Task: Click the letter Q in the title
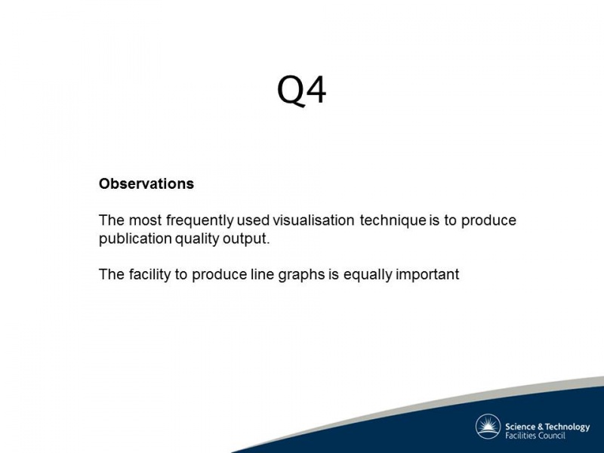[291, 91]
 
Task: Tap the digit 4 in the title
[316, 89]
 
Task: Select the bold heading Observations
[146, 183]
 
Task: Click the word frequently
[200, 220]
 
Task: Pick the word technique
[393, 220]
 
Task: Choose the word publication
[135, 239]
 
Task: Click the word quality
[197, 239]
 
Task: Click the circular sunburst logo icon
[488, 427]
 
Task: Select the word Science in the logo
[520, 427]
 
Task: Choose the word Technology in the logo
[568, 427]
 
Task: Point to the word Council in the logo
[552, 436]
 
